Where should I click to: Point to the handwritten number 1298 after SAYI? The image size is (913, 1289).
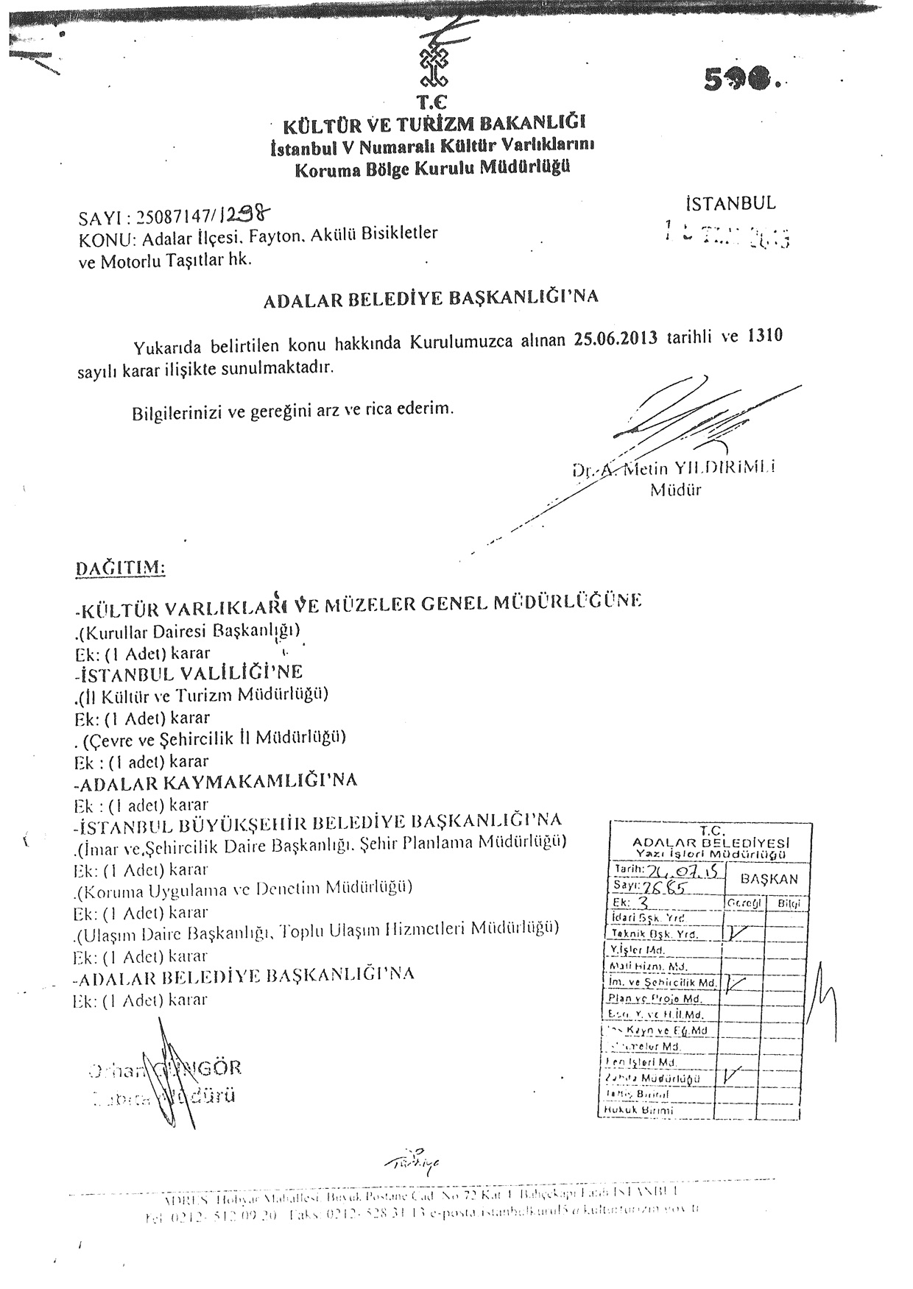[247, 214]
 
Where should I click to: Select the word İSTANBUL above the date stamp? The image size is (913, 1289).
[730, 202]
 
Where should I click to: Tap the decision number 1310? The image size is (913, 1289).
[764, 335]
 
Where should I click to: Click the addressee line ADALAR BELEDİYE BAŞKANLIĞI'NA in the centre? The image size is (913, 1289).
[431, 297]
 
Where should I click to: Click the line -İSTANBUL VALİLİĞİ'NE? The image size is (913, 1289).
[189, 673]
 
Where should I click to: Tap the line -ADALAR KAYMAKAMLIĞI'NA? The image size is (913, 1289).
[216, 781]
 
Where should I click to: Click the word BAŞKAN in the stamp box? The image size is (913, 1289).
[769, 878]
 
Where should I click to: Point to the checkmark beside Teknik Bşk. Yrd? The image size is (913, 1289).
[736, 933]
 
